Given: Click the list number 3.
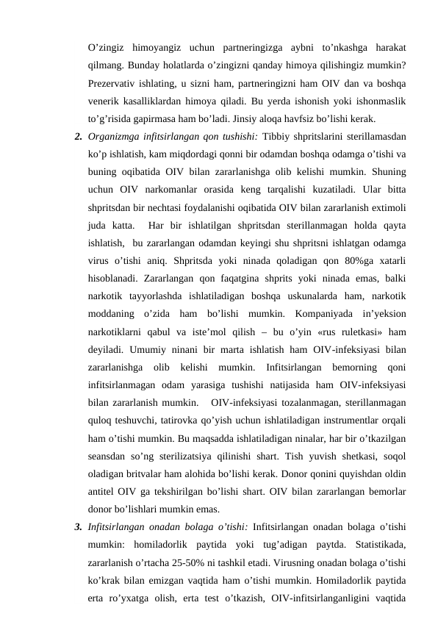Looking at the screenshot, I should [x=77, y=526].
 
